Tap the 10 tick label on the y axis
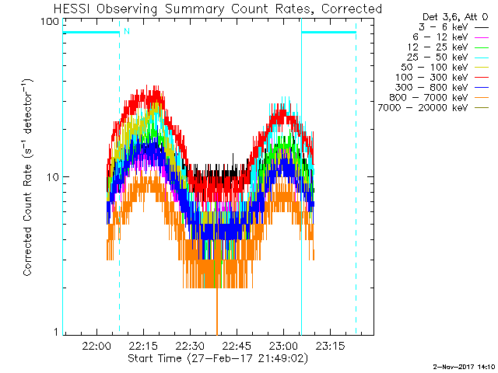(53, 177)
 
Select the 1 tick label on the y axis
(56, 333)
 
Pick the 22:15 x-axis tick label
(144, 345)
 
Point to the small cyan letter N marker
(126, 31)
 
